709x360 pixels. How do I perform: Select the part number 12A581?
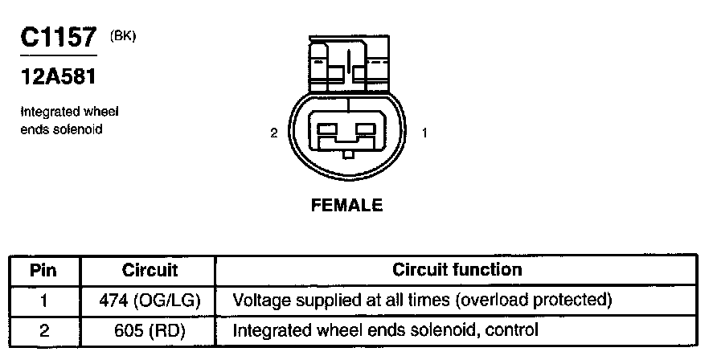click(60, 76)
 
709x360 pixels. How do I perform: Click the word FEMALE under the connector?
click(346, 205)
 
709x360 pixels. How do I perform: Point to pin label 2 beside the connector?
click(274, 133)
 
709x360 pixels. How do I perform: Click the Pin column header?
click(43, 270)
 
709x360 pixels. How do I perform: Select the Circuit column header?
click(150, 270)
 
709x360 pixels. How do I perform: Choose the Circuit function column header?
click(457, 270)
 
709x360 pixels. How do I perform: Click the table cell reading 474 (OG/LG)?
click(150, 301)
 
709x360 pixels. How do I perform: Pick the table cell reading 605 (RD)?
click(150, 329)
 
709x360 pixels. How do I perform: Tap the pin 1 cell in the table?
click(43, 301)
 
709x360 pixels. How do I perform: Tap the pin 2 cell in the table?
click(43, 329)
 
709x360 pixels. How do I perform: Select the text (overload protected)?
click(543, 301)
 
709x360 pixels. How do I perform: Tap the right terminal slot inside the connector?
click(367, 128)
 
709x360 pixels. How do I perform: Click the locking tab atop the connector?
click(347, 64)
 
